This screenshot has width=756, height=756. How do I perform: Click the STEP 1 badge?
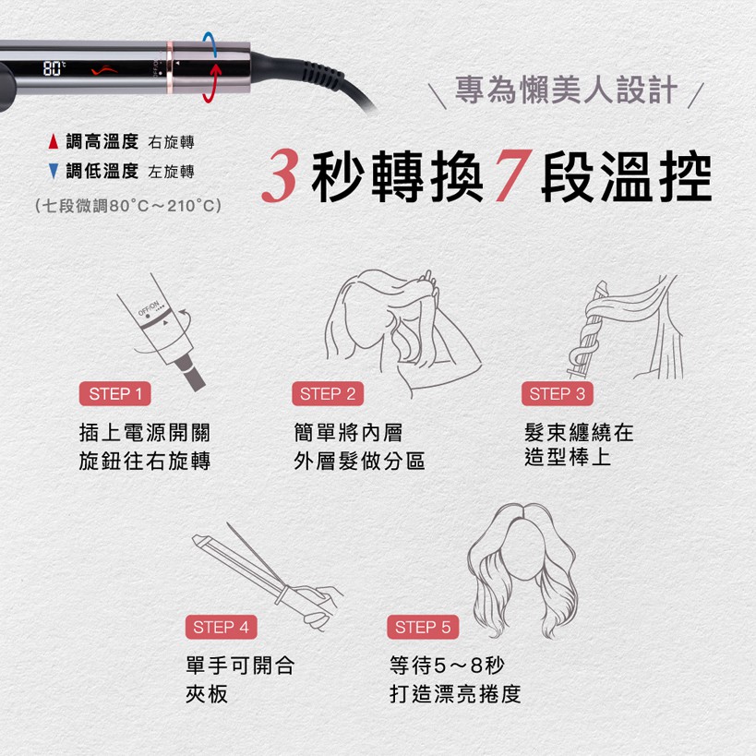pyautogui.click(x=115, y=394)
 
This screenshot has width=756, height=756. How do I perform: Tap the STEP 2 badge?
pyautogui.click(x=327, y=394)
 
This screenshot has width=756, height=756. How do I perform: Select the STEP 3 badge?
pyautogui.click(x=558, y=394)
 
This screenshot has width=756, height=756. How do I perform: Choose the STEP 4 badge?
pyautogui.click(x=221, y=628)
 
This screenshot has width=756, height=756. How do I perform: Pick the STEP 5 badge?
pyautogui.click(x=422, y=628)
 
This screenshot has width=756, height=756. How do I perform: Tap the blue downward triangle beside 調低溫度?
pyautogui.click(x=54, y=171)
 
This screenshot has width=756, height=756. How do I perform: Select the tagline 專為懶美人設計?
pyautogui.click(x=567, y=92)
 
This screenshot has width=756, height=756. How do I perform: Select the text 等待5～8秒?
pyautogui.click(x=448, y=666)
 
